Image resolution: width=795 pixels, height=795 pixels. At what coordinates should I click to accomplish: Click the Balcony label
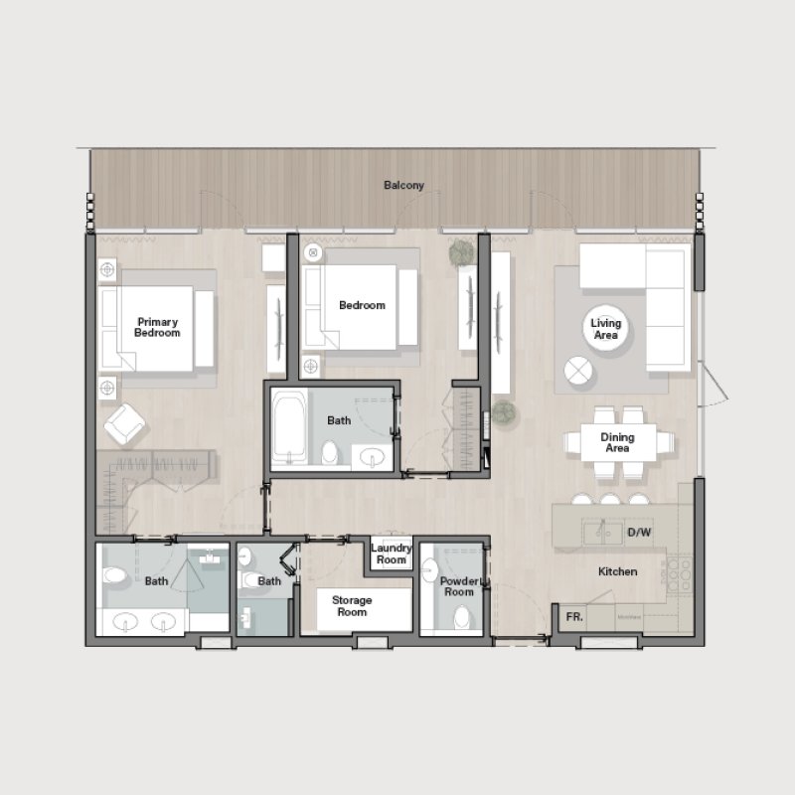[x=404, y=186]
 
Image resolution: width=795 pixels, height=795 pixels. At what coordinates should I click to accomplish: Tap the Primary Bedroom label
[x=158, y=327]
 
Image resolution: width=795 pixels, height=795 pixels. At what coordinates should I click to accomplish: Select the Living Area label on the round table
[x=605, y=329]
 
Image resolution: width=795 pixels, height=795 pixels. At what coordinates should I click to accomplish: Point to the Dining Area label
[x=617, y=442]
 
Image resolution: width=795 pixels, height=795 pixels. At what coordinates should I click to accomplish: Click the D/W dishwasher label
[x=639, y=533]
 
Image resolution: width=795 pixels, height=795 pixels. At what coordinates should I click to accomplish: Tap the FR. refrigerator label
[x=574, y=616]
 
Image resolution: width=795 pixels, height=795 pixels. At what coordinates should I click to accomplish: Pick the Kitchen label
[x=617, y=572]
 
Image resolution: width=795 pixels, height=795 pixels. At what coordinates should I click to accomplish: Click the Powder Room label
[x=459, y=586]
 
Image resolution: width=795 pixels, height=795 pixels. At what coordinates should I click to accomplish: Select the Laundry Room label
[x=391, y=555]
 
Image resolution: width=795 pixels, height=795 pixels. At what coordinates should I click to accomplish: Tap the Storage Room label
[x=351, y=606]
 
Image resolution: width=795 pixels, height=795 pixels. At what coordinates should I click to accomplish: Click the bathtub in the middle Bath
[x=289, y=430]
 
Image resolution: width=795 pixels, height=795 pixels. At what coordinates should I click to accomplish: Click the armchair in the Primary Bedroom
[x=127, y=424]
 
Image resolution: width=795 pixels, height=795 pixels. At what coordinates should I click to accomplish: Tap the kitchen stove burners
[x=679, y=573]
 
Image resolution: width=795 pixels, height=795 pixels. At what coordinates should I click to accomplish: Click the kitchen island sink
[x=603, y=531]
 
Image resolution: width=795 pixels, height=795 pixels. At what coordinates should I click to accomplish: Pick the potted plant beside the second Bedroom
[x=463, y=254]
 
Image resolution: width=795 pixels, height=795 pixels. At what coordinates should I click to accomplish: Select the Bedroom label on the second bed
[x=362, y=305]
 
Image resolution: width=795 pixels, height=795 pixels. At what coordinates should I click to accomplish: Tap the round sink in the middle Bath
[x=372, y=456]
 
